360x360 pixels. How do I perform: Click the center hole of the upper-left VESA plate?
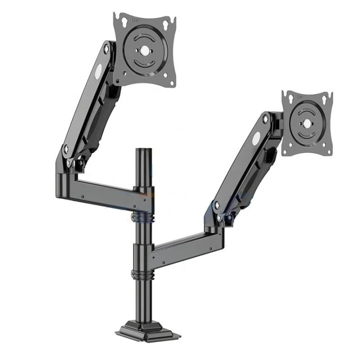[144, 50]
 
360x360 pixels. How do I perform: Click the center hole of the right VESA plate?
[306, 123]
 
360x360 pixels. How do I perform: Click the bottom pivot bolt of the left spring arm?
[65, 148]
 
